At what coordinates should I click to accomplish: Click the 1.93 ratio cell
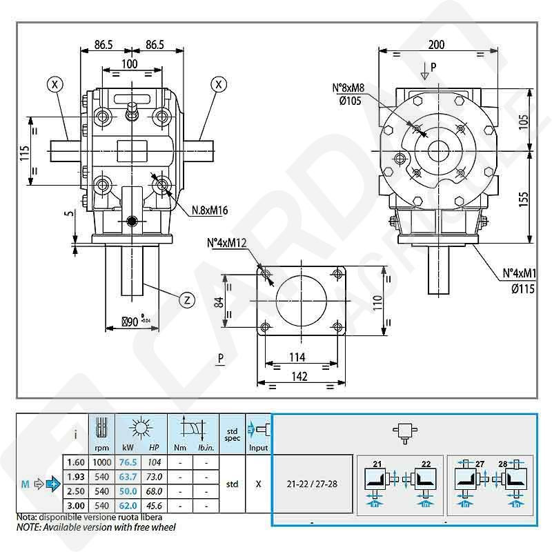tap(76, 477)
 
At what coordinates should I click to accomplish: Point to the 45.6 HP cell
tap(155, 506)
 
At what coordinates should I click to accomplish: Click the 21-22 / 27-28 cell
tap(313, 484)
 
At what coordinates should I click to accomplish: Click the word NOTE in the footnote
tap(29, 527)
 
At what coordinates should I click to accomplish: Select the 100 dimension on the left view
tap(129, 63)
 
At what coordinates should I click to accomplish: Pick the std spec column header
tap(233, 434)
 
